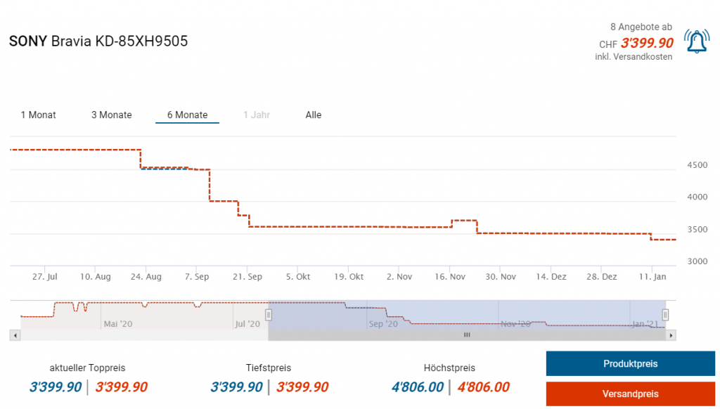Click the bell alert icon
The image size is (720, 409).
click(x=696, y=42)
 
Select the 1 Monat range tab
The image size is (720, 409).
click(x=39, y=115)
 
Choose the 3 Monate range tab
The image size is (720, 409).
click(x=112, y=115)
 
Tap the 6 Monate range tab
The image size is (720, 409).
click(x=187, y=115)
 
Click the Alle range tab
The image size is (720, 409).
click(x=314, y=115)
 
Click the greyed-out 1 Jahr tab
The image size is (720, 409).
click(x=257, y=115)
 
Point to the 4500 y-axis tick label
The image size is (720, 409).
click(x=696, y=165)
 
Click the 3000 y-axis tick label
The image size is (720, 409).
click(x=696, y=261)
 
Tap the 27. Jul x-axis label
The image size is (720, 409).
click(x=44, y=277)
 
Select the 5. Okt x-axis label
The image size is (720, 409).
click(x=298, y=277)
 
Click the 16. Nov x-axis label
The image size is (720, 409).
click(x=450, y=277)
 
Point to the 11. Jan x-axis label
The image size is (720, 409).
click(x=652, y=277)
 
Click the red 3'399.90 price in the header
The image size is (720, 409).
click(x=647, y=44)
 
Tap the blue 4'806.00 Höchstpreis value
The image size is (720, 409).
click(x=418, y=387)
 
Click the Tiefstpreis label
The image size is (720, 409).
click(x=269, y=368)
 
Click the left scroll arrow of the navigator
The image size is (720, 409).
click(x=14, y=335)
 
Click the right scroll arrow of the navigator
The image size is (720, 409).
click(x=671, y=335)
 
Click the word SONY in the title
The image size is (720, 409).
click(x=28, y=41)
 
